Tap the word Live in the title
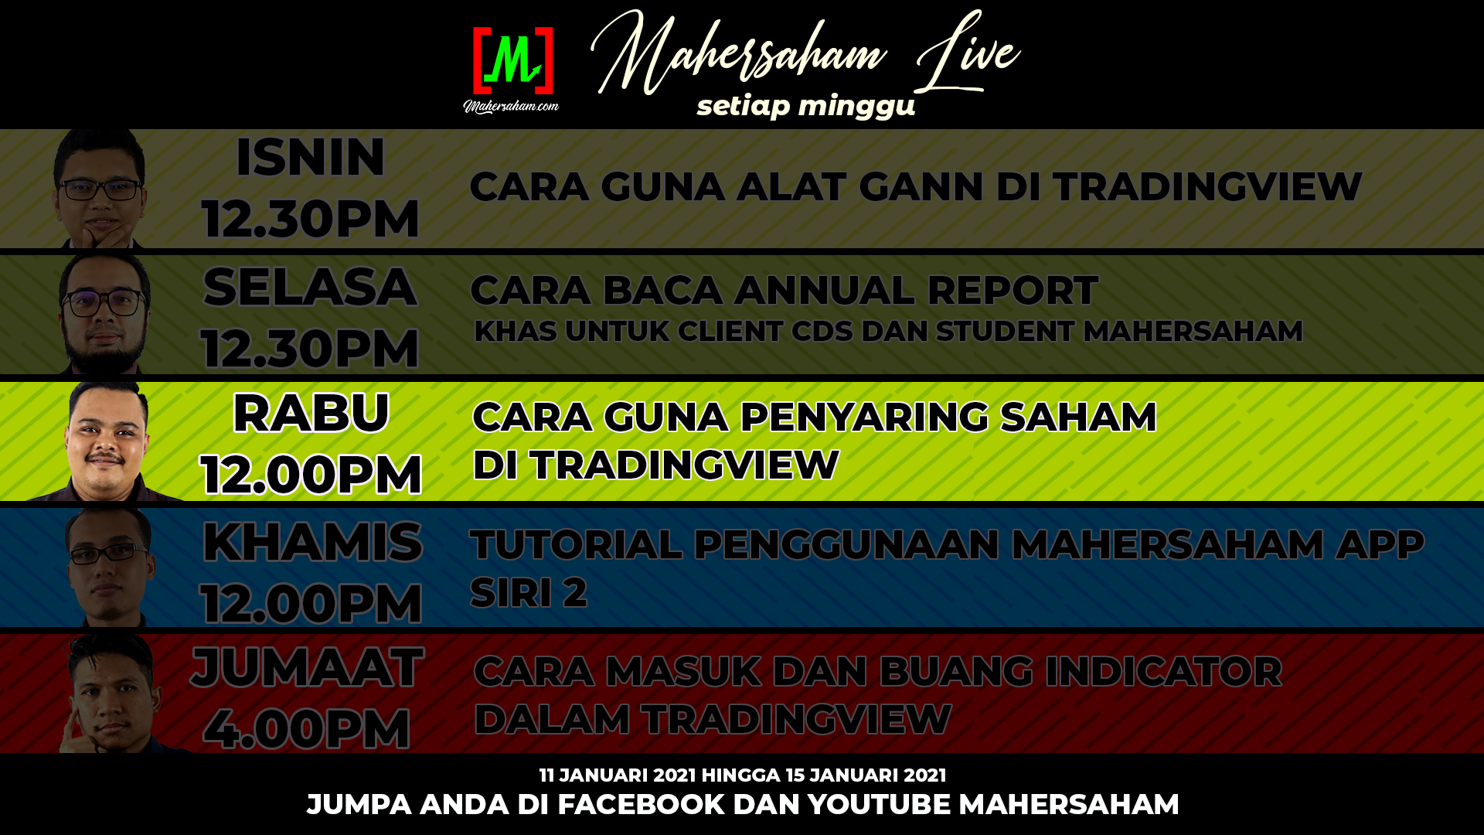tap(968, 53)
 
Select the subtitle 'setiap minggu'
tap(806, 106)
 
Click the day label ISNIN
tap(310, 157)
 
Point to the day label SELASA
tap(310, 287)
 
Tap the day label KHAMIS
tap(312, 541)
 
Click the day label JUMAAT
tap(308, 667)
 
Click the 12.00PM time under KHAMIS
tap(311, 603)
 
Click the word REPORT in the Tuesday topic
tap(1013, 291)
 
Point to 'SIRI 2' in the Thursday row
tap(529, 593)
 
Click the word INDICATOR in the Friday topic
tap(1163, 671)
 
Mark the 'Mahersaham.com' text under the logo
tap(511, 106)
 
